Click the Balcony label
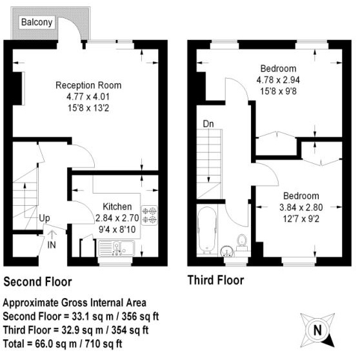click(x=38, y=22)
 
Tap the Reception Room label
click(x=88, y=85)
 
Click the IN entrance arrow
click(x=52, y=241)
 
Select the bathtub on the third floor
click(x=208, y=230)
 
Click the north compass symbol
click(x=317, y=330)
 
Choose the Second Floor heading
click(x=38, y=282)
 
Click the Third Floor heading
click(x=215, y=281)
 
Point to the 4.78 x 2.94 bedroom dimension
click(x=278, y=80)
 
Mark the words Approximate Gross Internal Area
click(x=75, y=303)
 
